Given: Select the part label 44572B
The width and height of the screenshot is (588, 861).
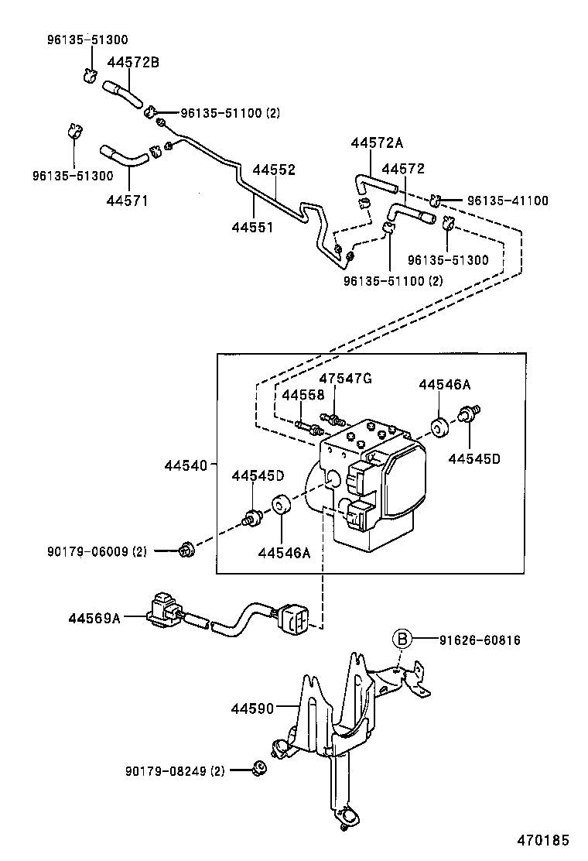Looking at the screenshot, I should click(x=133, y=63).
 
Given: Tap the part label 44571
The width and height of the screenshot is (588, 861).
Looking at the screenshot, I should click(x=127, y=201).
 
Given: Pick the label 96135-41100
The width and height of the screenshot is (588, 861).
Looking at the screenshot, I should click(x=508, y=201).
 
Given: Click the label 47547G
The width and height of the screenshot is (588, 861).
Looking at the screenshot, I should click(x=345, y=378).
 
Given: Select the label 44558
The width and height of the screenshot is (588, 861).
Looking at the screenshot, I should click(x=303, y=395).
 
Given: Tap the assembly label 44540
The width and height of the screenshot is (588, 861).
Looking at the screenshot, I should click(x=186, y=465).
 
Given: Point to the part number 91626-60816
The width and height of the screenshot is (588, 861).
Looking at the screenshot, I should click(x=480, y=640).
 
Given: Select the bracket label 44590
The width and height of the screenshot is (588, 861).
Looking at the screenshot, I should click(x=251, y=708).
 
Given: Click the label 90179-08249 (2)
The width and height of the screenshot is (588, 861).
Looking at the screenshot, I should click(x=175, y=771).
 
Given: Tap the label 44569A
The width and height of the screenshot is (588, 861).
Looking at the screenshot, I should click(x=94, y=618).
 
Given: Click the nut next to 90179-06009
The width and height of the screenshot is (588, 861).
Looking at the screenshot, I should click(x=186, y=551).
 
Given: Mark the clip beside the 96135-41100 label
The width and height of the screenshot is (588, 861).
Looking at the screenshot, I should click(x=436, y=201).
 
